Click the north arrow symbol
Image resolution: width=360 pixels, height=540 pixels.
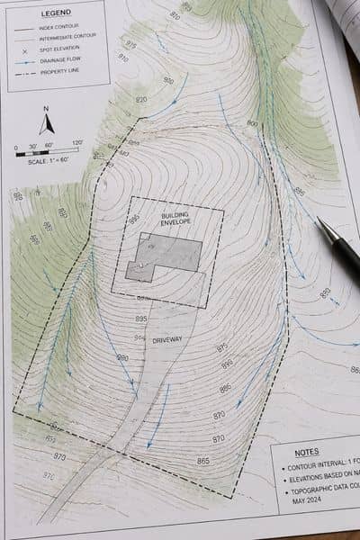pos(47,124)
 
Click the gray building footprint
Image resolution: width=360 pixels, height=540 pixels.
pos(166,256)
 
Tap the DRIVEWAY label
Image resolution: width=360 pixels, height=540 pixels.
pos(167,338)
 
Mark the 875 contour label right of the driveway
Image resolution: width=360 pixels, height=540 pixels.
pos(221,348)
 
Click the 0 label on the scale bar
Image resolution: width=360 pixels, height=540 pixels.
pos(15,144)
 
